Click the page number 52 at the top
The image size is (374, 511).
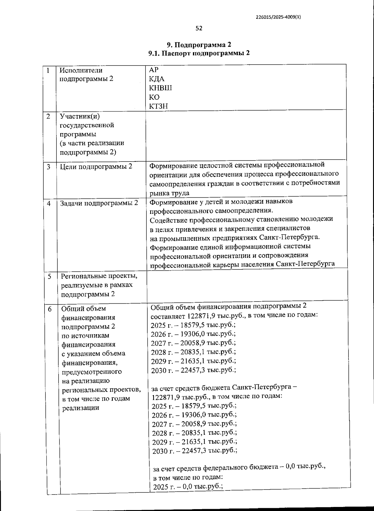point(199,28)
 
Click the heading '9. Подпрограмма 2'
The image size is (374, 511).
point(199,44)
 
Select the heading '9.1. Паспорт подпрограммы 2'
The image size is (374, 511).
point(199,53)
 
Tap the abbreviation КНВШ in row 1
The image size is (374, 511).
point(161,88)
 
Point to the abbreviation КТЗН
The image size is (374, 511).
point(159,106)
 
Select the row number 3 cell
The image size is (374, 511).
point(49,167)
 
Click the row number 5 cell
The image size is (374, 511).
point(50,276)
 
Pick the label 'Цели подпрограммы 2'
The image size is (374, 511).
point(96,167)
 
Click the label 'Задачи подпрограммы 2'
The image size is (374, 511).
point(99,203)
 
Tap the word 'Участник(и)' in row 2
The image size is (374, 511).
point(80,116)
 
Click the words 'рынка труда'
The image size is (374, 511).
point(169,193)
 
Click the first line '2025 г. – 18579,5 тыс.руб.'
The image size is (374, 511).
point(193,325)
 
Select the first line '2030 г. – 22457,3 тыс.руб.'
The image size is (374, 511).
point(193,370)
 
